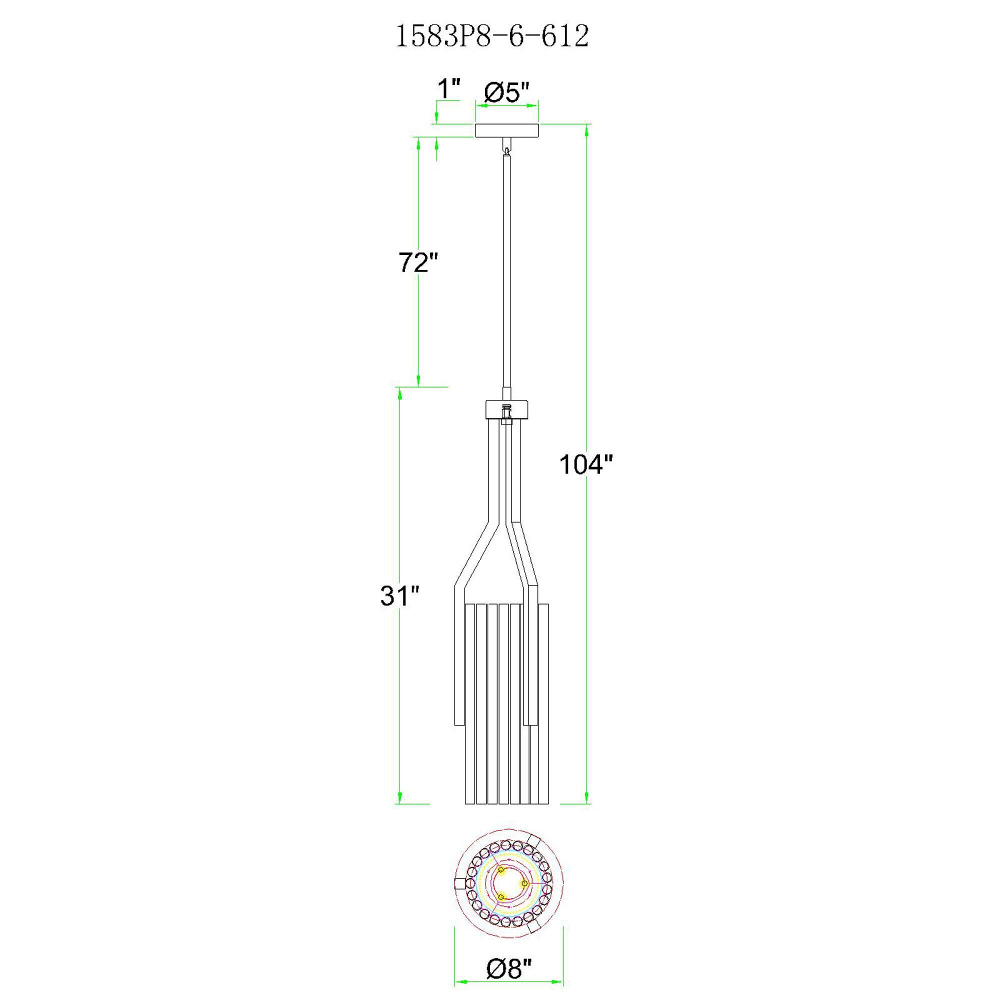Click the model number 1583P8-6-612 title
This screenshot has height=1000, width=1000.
point(491,36)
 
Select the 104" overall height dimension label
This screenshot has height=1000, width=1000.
point(585,464)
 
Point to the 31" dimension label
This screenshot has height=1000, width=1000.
point(399,596)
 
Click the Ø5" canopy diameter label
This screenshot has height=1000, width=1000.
point(506,93)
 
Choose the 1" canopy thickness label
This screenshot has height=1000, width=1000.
point(448,89)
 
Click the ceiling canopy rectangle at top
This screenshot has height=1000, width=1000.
point(506,130)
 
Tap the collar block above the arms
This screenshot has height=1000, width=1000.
point(506,410)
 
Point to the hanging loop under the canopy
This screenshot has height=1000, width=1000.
point(506,148)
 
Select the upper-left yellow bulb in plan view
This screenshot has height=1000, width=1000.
point(500,870)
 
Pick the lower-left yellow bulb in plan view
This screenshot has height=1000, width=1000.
point(500,896)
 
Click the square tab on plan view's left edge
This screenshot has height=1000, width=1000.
point(459,883)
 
